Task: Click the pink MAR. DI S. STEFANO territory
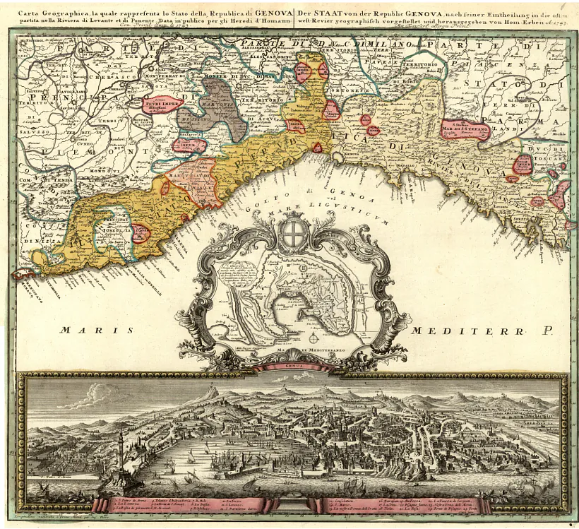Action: pyautogui.click(x=463, y=129)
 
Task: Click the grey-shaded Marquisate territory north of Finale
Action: pyautogui.click(x=212, y=106)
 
